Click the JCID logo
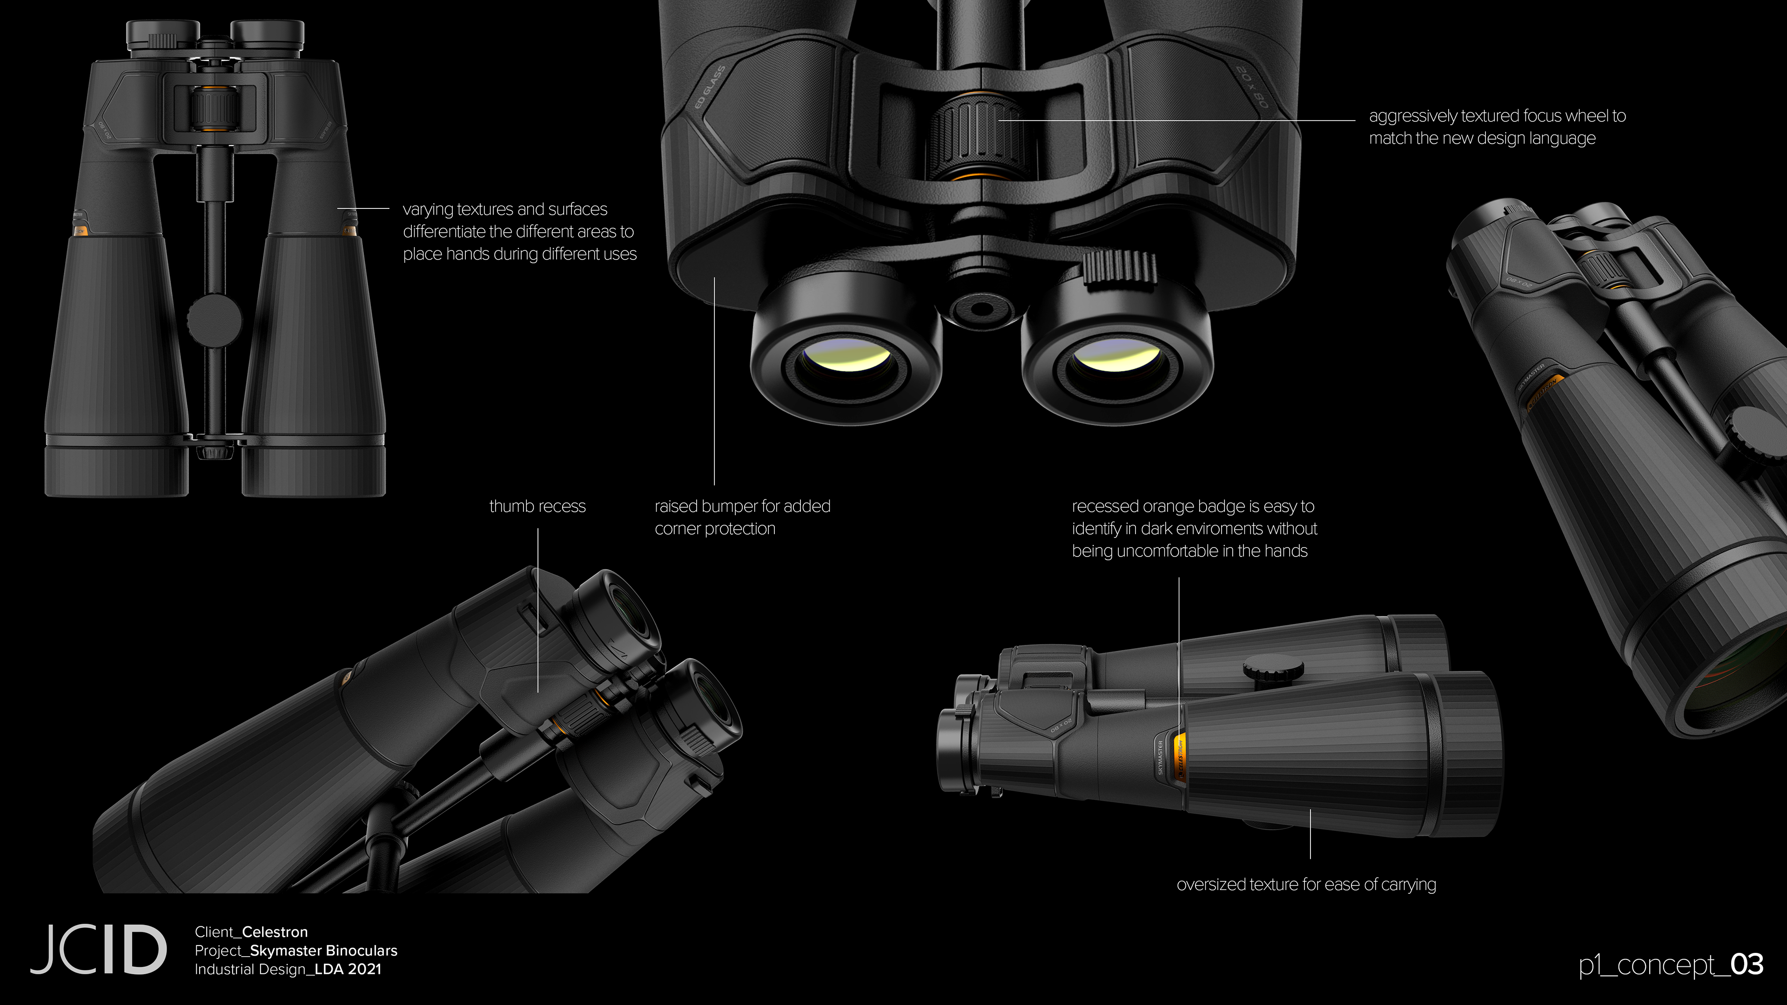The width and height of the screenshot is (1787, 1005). point(98,949)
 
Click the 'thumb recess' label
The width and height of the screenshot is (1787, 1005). point(537,506)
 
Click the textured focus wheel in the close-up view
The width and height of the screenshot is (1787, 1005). point(974,136)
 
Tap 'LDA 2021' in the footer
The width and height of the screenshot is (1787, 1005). point(348,969)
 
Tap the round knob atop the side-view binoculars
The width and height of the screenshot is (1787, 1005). point(1272,669)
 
